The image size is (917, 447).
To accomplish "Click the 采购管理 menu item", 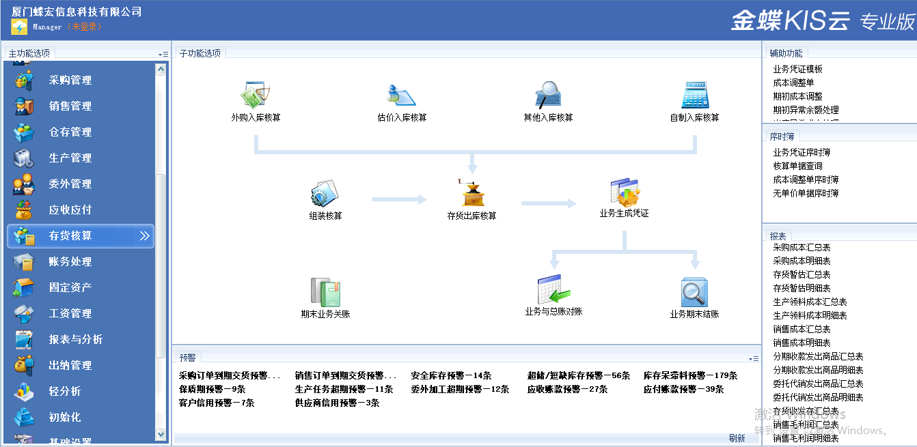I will click(70, 81).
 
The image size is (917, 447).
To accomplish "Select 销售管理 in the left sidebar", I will click(70, 106).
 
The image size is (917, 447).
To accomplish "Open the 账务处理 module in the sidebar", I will click(70, 262).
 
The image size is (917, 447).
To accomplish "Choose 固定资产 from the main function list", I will click(70, 288).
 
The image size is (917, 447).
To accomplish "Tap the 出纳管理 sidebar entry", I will click(70, 366).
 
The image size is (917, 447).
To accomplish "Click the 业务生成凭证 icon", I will click(624, 193).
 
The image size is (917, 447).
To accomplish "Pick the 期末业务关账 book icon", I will click(325, 292).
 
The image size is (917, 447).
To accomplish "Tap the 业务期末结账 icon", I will click(695, 292).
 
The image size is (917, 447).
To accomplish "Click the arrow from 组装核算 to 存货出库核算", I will click(399, 199).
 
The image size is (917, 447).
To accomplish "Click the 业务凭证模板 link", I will click(797, 70).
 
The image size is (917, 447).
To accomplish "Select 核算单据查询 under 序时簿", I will click(797, 167).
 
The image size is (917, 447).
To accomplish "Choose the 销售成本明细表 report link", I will click(802, 343).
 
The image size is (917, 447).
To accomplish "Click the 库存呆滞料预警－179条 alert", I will click(690, 376).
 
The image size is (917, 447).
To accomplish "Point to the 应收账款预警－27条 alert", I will click(567, 390).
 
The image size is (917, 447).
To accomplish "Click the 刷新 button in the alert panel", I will click(737, 439).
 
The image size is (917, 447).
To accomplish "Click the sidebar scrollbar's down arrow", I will click(161, 434).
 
